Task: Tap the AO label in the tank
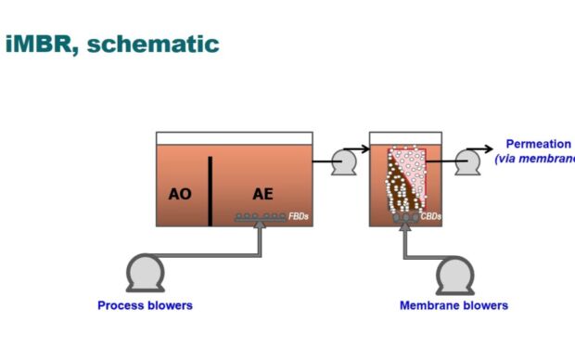[x=180, y=194]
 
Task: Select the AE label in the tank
[x=262, y=194]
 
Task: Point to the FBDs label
[x=299, y=216]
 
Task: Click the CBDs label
[x=431, y=217]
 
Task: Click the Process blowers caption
[x=146, y=305]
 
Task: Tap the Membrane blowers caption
[x=454, y=305]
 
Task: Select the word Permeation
[x=538, y=144]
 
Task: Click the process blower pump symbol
[x=145, y=274]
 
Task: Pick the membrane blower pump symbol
[x=455, y=274]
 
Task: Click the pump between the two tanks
[x=344, y=162]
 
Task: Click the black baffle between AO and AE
[x=211, y=191]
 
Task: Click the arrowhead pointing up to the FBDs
[x=261, y=226]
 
